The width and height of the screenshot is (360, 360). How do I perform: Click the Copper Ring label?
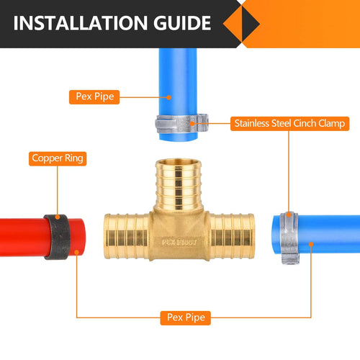(58, 157)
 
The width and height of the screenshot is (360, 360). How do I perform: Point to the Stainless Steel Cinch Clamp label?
(289, 123)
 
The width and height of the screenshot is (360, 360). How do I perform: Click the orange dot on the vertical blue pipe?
(168, 96)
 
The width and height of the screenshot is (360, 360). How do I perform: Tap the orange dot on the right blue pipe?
(311, 244)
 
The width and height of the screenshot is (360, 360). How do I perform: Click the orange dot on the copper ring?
(58, 217)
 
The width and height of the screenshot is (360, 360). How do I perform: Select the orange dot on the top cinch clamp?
(195, 123)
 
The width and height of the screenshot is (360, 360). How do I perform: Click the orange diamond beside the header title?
(240, 23)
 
